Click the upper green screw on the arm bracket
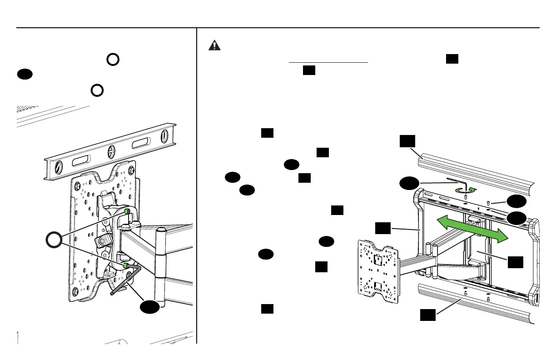pyautogui.click(x=128, y=211)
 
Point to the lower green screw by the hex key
pyautogui.click(x=124, y=265)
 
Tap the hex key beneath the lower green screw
pyautogui.click(x=128, y=281)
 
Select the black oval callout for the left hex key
pyautogui.click(x=150, y=307)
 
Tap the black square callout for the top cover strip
pyautogui.click(x=407, y=141)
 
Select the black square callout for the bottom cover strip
pyautogui.click(x=427, y=314)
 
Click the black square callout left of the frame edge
pyautogui.click(x=382, y=228)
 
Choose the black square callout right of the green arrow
pyautogui.click(x=516, y=262)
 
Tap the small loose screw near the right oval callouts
pyautogui.click(x=488, y=203)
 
